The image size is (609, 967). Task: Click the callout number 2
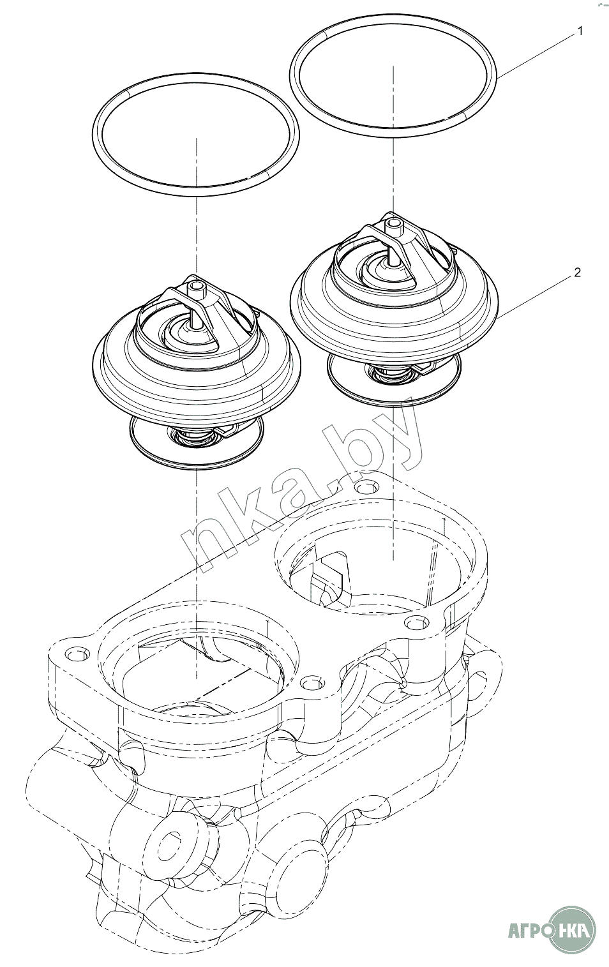click(577, 273)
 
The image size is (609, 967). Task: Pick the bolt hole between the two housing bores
click(312, 684)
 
